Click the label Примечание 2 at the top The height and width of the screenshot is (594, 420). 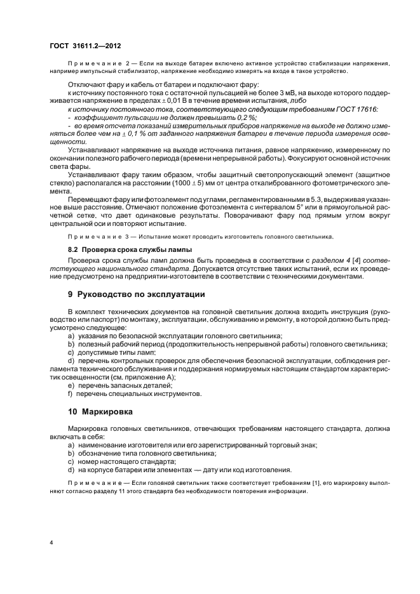pyautogui.click(x=97, y=64)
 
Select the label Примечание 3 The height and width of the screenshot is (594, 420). pyautogui.click(x=97, y=236)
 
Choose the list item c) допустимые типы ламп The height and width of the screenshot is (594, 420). pyautogui.click(x=113, y=352)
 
